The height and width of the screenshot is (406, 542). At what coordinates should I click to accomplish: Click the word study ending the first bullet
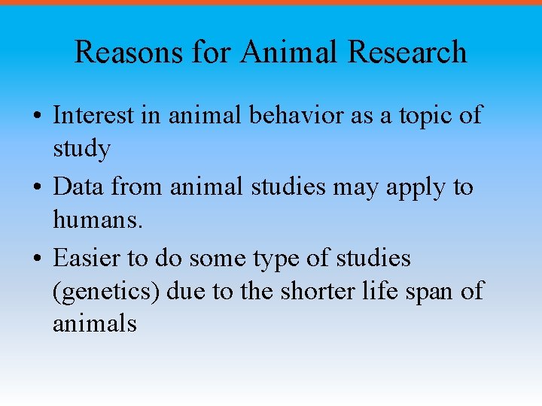[81, 149]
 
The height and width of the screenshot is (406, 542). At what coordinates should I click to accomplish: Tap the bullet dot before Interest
[37, 117]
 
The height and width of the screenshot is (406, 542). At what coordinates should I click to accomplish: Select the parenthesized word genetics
[106, 291]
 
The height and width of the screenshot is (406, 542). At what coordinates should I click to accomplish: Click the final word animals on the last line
[94, 324]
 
